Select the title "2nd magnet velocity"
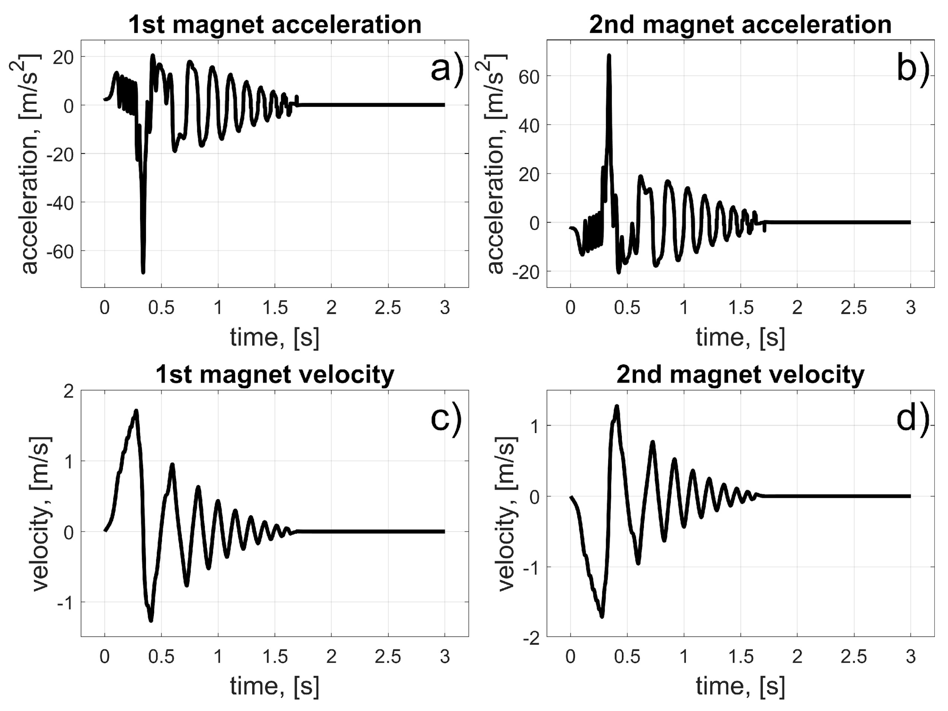point(740,375)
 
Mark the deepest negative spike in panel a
point(143,271)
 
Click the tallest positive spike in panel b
point(608,56)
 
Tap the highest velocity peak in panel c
point(136,411)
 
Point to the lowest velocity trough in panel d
point(602,616)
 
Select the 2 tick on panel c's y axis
point(69,391)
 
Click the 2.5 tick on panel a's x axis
point(388,308)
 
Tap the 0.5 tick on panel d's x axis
point(627,656)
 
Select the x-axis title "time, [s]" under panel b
point(740,337)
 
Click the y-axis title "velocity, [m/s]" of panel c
point(41,514)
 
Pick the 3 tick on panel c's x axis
point(445,656)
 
